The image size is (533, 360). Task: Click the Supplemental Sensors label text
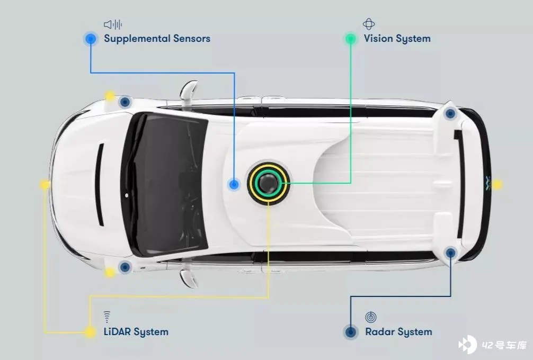pos(157,39)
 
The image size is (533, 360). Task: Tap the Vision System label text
pos(397,39)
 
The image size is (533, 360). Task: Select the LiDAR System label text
pos(136,332)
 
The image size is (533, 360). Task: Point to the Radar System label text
pos(398,332)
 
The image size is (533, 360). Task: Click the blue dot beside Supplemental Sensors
pos(91,38)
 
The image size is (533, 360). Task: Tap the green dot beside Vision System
pos(350,38)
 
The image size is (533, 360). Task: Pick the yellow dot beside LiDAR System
pos(91,332)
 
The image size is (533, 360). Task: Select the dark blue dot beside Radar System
pos(350,332)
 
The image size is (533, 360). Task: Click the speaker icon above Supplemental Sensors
pos(113,24)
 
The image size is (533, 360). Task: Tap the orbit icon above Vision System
pos(369,24)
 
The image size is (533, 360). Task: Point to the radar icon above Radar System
pos(371,317)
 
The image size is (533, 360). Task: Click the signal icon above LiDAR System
pos(107,317)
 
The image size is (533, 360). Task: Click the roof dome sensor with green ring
pos(270,183)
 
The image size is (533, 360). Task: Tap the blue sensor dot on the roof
pos(234,184)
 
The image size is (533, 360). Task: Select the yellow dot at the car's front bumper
pos(45,185)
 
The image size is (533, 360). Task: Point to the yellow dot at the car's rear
pos(497,184)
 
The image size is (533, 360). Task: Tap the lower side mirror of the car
pos(189,277)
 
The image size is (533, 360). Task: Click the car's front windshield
pos(164,183)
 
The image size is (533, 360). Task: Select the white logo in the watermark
pos(468,345)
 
